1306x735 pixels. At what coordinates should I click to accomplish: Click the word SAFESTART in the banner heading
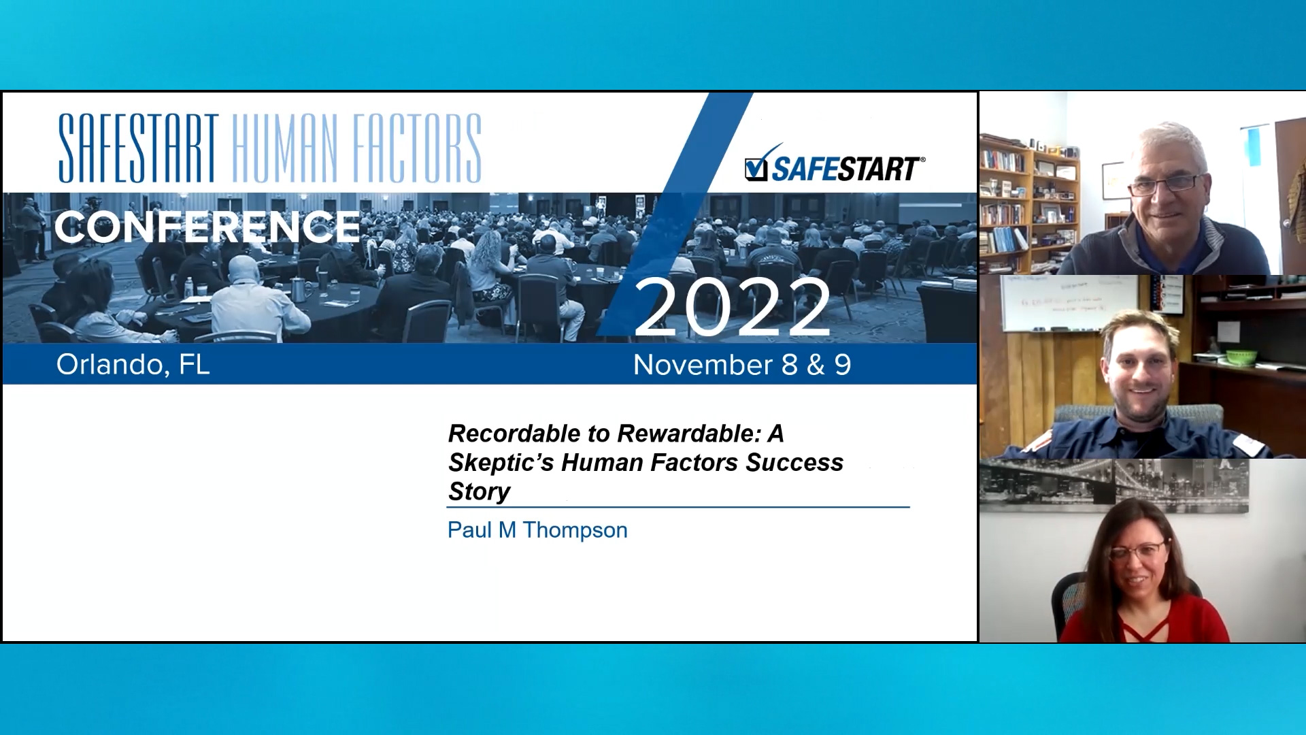139,148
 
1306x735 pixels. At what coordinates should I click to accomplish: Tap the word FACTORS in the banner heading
417,148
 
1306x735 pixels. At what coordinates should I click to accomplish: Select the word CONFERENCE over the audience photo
207,227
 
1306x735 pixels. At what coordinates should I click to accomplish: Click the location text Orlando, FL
133,365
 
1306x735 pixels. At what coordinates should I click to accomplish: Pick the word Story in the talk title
480,491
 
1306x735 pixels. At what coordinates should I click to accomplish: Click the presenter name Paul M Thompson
537,530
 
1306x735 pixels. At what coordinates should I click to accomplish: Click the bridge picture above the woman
1114,486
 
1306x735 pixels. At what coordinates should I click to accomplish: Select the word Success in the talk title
794,463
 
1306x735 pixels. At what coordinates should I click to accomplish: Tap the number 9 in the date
843,365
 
